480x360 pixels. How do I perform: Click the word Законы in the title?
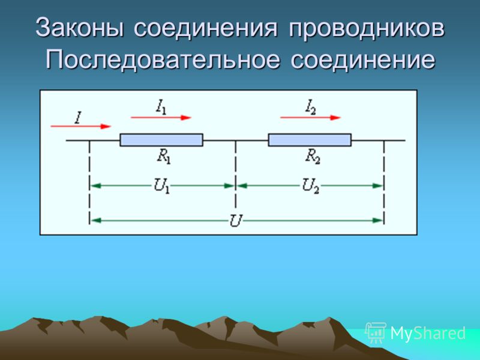[80, 28]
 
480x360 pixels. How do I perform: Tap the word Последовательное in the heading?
[163, 59]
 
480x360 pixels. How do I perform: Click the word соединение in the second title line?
[363, 59]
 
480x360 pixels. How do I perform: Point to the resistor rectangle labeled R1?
[161, 140]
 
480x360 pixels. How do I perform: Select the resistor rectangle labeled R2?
[310, 140]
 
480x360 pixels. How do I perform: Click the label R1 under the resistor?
[164, 157]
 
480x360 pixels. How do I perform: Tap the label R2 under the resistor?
[313, 157]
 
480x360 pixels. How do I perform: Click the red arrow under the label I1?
[161, 118]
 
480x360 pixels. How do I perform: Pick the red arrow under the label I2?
[310, 118]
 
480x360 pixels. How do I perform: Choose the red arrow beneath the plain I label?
[81, 126]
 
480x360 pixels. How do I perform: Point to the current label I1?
[161, 107]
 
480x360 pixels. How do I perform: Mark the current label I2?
[310, 107]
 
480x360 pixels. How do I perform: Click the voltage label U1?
[161, 186]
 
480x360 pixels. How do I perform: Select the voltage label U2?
[310, 186]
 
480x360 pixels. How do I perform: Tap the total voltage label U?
[236, 220]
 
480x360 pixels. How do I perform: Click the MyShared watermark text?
[428, 333]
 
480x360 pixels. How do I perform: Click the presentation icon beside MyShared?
[376, 332]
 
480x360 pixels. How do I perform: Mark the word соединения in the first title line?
[205, 28]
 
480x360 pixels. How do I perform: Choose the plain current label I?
[79, 118]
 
